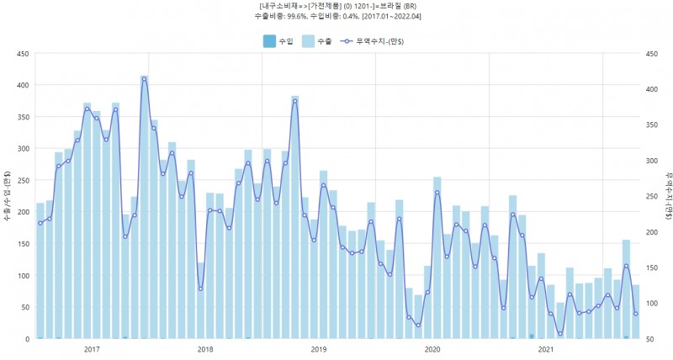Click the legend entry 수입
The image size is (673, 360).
click(x=277, y=40)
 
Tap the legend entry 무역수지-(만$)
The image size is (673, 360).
click(x=376, y=40)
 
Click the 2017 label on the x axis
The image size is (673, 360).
click(x=92, y=349)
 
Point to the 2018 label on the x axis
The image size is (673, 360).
click(x=205, y=349)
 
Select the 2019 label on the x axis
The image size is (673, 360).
click(x=319, y=349)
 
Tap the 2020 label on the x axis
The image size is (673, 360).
click(x=432, y=349)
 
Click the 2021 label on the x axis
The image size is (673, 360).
click(x=546, y=349)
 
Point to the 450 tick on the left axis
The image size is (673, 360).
click(x=24, y=54)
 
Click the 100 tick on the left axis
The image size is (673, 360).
click(x=24, y=276)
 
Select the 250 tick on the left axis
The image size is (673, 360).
click(x=24, y=181)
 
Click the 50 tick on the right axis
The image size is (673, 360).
click(x=651, y=339)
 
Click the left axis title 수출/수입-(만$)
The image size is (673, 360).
click(x=8, y=197)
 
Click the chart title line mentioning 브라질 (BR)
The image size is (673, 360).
click(x=336, y=5)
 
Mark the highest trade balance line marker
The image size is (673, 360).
click(x=145, y=79)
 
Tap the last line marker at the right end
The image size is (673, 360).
click(x=636, y=314)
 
